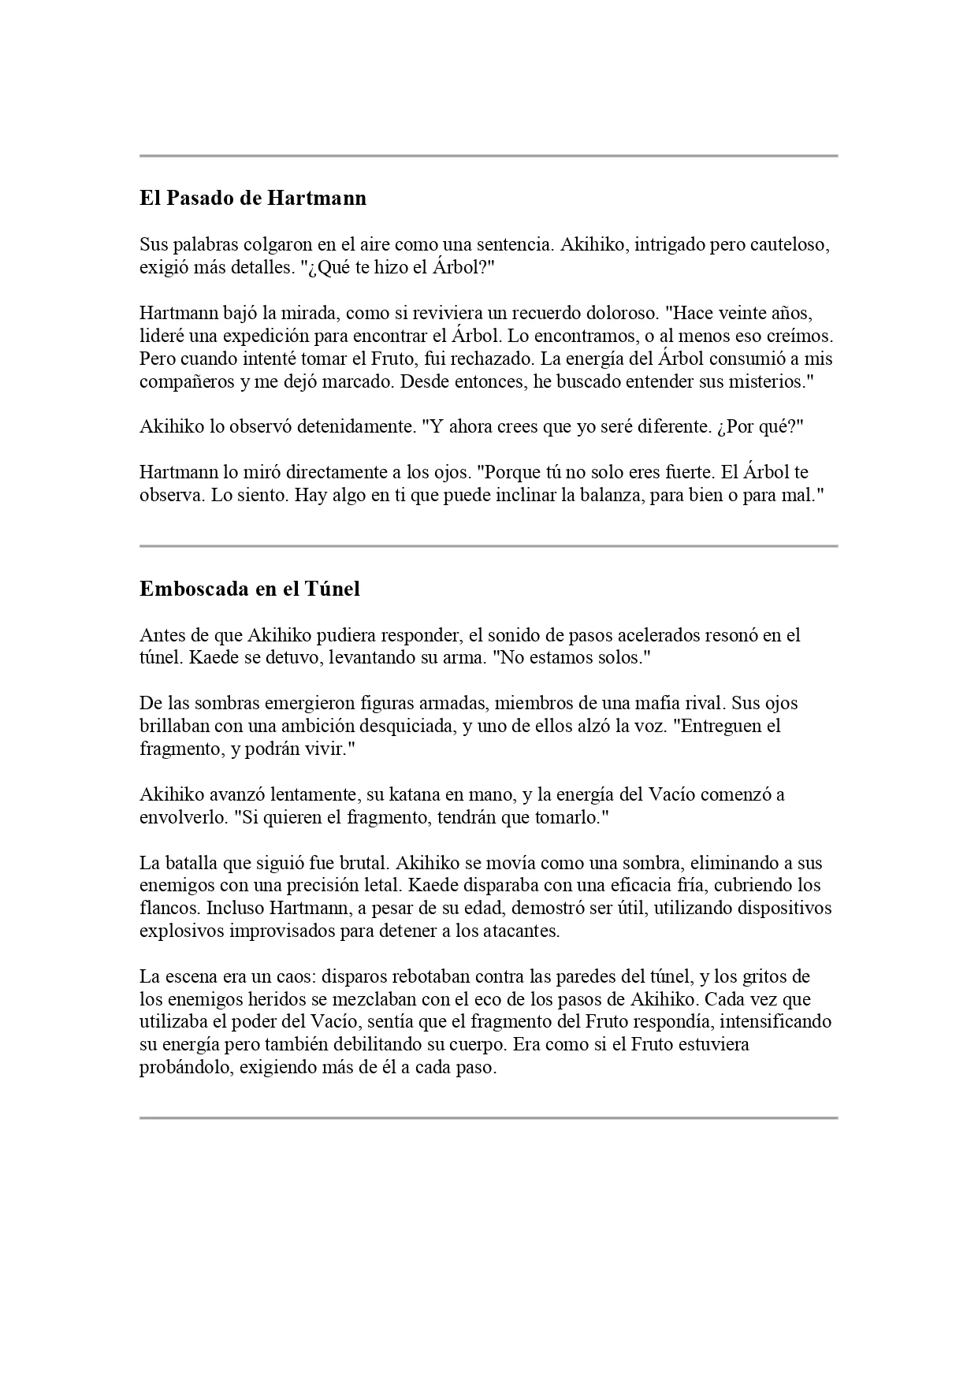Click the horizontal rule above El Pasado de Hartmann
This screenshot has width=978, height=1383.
(489, 156)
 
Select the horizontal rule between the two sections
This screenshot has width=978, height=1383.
(489, 545)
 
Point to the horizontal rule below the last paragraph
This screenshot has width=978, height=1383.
(489, 1117)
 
